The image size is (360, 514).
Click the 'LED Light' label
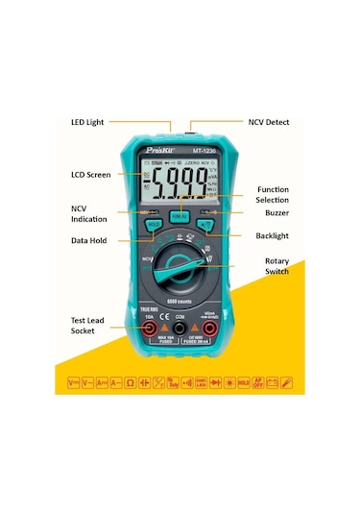(x=88, y=123)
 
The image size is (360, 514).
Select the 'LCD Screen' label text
(x=91, y=175)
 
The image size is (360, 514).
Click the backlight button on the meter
(x=204, y=226)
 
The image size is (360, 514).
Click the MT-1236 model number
(x=208, y=148)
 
